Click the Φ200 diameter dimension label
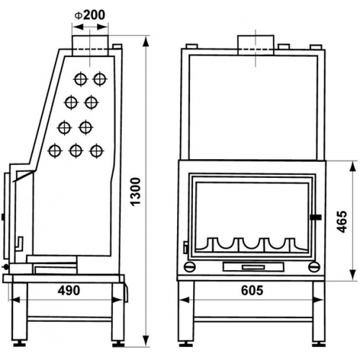90,15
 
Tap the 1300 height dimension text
135,192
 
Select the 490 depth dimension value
69,290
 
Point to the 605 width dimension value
252,290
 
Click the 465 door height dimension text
342,222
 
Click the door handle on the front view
316,217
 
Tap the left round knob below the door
189,266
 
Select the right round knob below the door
314,266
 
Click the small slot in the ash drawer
253,267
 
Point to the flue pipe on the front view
256,45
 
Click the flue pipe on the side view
90,45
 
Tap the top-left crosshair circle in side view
81,79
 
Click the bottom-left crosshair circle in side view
55,151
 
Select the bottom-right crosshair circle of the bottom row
96,151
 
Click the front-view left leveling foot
186,344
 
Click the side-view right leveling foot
119,344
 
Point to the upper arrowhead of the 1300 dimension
145,42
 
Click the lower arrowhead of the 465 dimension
353,274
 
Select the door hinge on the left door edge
186,248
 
